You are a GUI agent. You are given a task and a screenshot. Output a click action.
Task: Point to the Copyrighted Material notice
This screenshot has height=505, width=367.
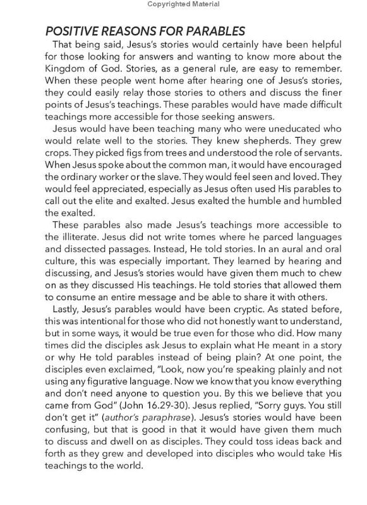pos(183,4)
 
